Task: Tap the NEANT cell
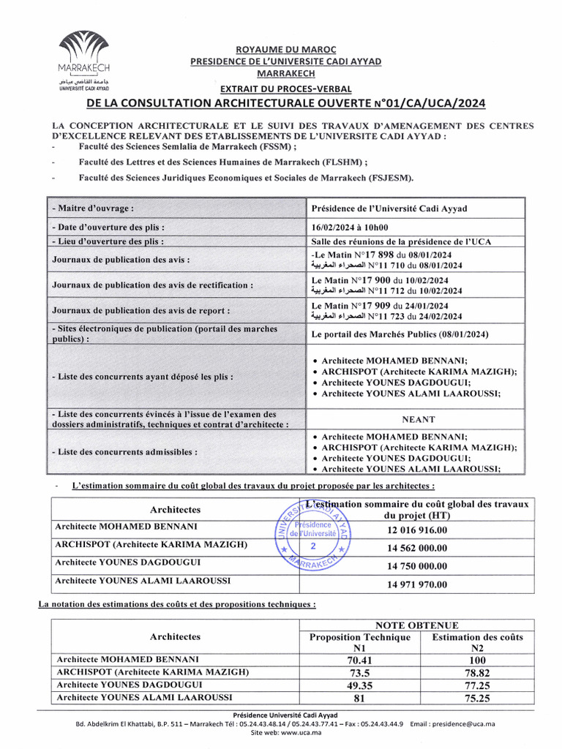pyautogui.click(x=418, y=420)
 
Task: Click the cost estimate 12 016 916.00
pyautogui.click(x=417, y=530)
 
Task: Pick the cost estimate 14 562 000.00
pyautogui.click(x=417, y=549)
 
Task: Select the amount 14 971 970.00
pyautogui.click(x=417, y=584)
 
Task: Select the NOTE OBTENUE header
pyautogui.click(x=417, y=625)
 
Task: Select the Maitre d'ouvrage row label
pyautogui.click(x=93, y=208)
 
